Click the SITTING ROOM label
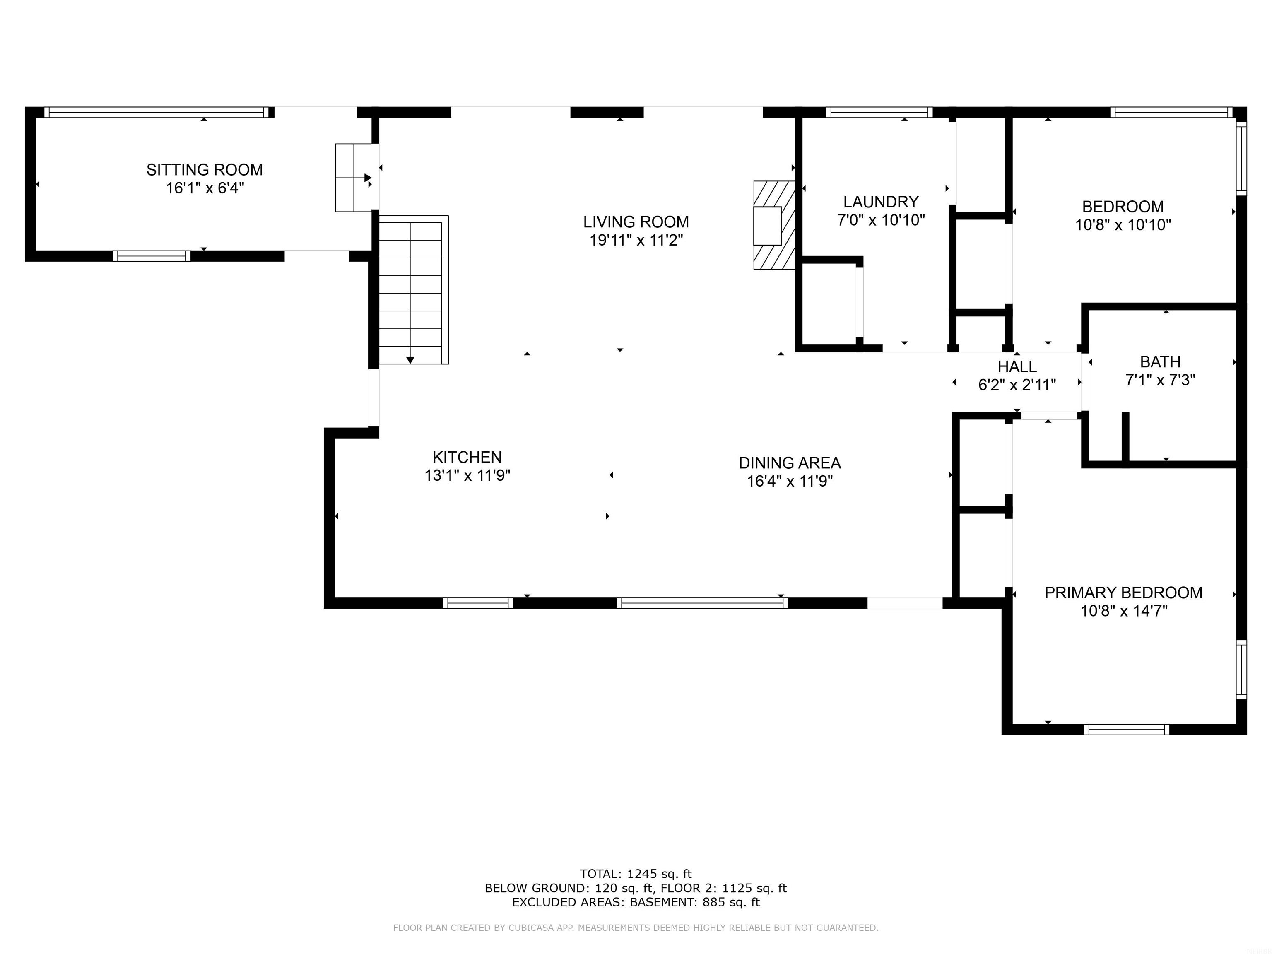click(204, 170)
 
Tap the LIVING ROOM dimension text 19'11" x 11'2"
click(636, 240)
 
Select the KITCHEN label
click(467, 457)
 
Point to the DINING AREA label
click(790, 463)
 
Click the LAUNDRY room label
click(881, 202)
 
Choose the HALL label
click(1017, 366)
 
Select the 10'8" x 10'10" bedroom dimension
click(1123, 225)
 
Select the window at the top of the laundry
click(879, 112)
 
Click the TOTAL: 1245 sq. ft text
click(636, 874)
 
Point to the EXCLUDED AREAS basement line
click(636, 902)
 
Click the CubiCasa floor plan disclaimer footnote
click(636, 927)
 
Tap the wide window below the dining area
click(702, 602)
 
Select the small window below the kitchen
click(478, 602)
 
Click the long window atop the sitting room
click(157, 112)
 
